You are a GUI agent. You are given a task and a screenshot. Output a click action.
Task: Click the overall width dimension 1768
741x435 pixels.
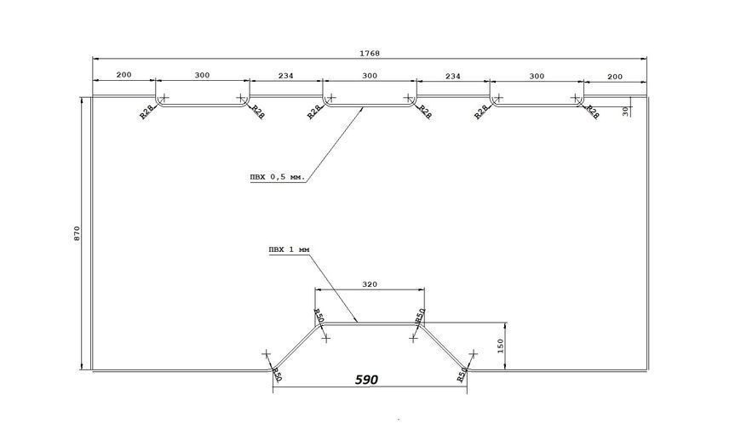tap(370, 54)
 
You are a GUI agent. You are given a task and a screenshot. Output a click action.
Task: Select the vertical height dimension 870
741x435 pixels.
tap(78, 234)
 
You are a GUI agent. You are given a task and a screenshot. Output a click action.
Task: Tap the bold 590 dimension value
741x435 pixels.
tap(367, 380)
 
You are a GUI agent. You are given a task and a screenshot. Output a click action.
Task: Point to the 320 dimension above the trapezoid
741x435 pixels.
tap(370, 284)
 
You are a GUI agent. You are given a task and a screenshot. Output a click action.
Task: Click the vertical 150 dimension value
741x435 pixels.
tap(501, 346)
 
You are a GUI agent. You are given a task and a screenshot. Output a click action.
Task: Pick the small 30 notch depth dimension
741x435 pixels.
tap(626, 111)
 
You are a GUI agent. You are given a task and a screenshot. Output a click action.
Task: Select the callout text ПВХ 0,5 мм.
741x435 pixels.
tap(278, 178)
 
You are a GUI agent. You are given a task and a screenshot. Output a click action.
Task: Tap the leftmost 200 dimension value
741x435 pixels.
tap(123, 75)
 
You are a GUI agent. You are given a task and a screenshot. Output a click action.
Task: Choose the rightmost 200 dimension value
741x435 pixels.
tap(615, 77)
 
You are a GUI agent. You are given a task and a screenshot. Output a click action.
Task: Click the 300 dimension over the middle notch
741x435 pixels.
tap(370, 76)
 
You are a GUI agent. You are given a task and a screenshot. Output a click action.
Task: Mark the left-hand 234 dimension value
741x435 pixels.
tap(285, 76)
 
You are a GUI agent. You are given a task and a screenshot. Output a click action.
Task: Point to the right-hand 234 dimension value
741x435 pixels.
tap(453, 76)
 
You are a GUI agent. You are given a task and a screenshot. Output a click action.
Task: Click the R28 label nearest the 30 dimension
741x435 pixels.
tap(593, 112)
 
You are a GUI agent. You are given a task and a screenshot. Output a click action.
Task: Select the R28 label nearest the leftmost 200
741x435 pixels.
tap(147, 112)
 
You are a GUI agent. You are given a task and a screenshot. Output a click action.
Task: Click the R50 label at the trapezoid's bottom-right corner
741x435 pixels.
tap(462, 374)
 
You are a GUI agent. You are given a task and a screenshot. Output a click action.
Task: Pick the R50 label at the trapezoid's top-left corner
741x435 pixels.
tap(319, 316)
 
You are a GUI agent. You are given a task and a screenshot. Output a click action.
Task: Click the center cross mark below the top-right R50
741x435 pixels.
tap(413, 338)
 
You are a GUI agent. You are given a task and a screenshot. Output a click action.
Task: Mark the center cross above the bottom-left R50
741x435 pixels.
tap(267, 354)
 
